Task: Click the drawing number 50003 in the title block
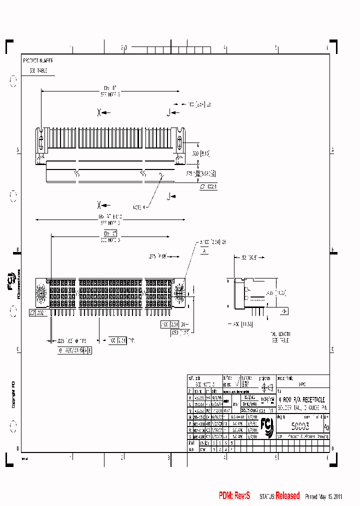300,426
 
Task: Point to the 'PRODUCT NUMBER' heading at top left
38,60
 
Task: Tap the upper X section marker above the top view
99,112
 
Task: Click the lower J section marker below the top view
170,195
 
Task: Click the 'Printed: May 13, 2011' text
323,496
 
